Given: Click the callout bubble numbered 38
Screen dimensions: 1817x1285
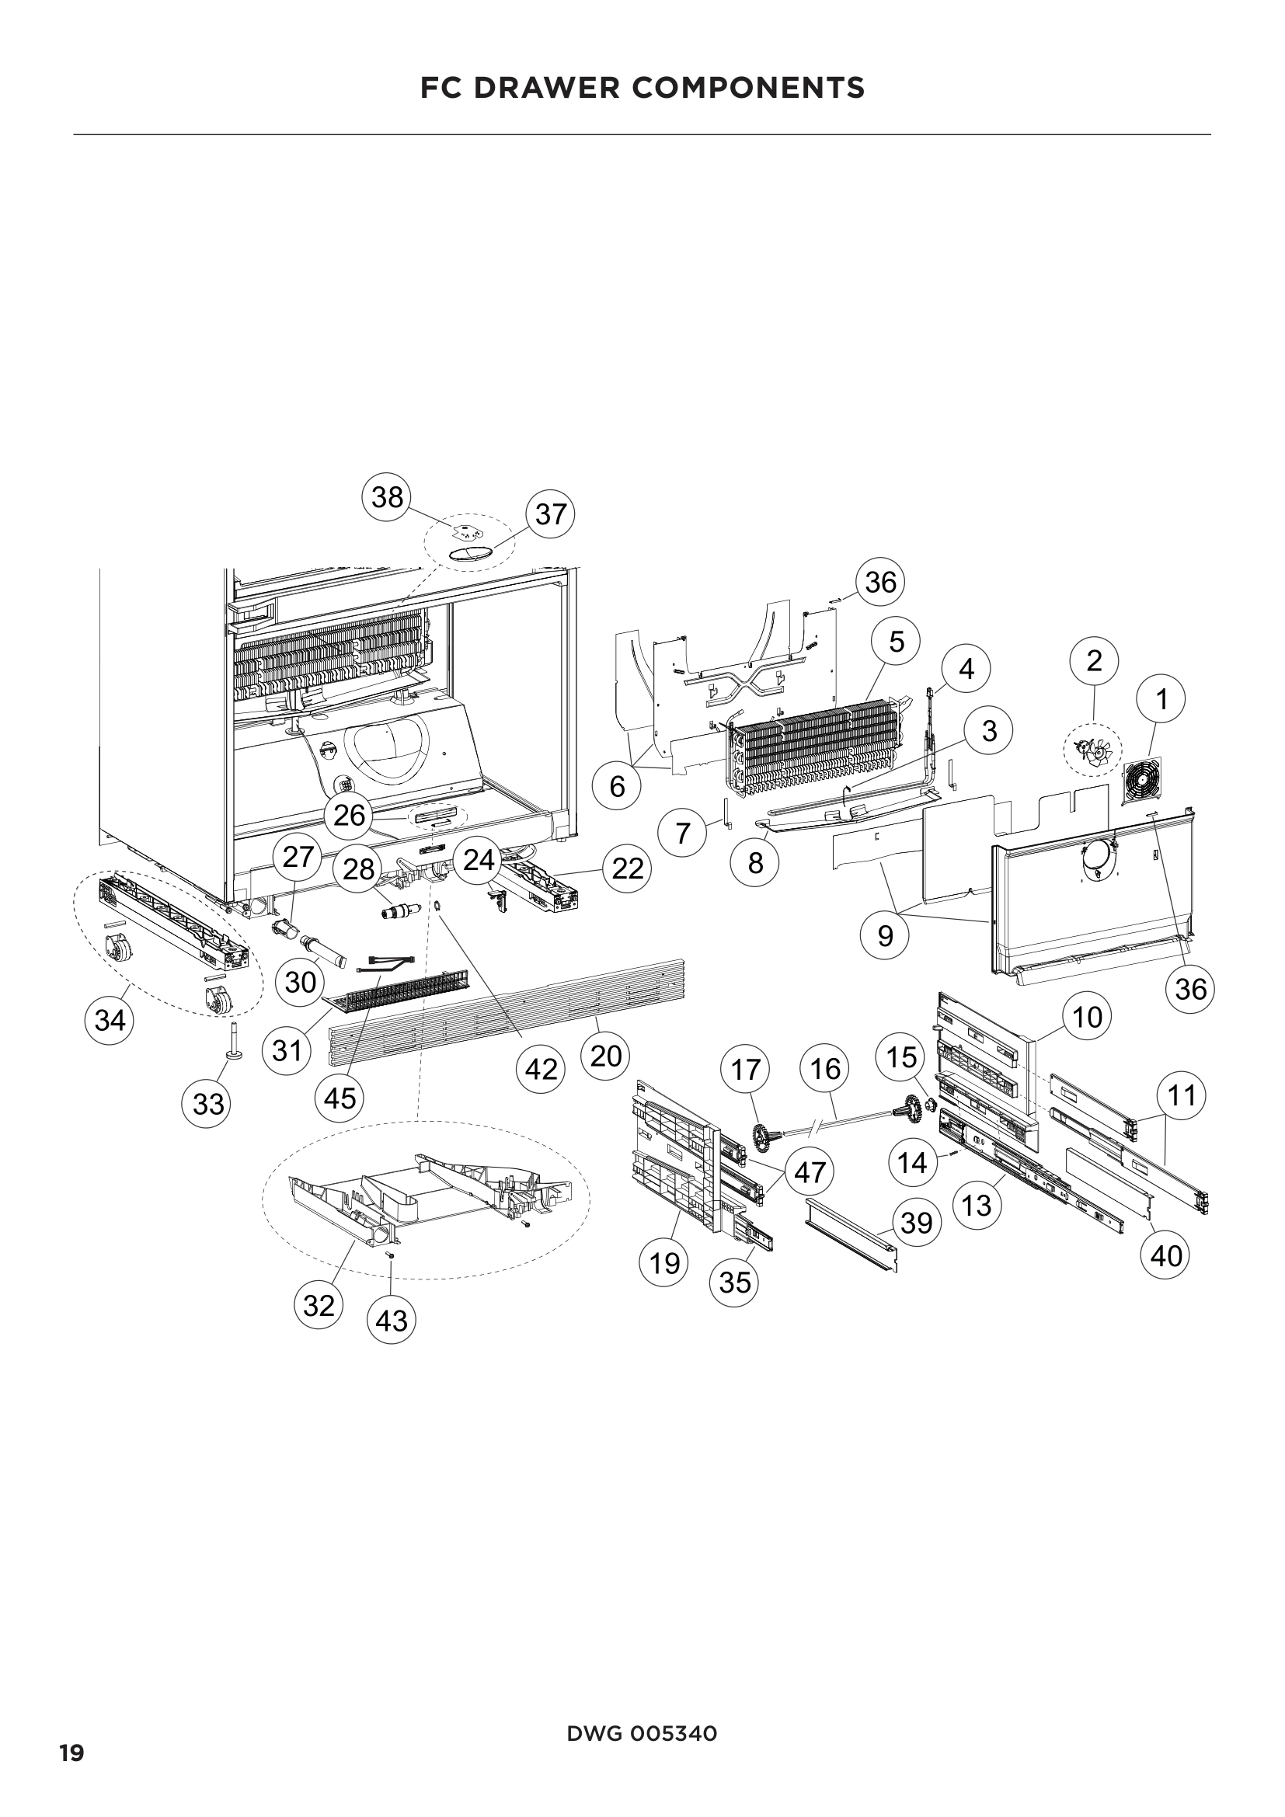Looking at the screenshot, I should (x=387, y=497).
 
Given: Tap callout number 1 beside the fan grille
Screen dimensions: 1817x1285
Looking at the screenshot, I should (x=1161, y=700).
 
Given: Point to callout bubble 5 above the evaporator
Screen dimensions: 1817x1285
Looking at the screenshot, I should (x=896, y=642).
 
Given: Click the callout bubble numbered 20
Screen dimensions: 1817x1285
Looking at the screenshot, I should (x=605, y=1056).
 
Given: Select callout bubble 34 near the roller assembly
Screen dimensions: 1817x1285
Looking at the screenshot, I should (x=110, y=1020).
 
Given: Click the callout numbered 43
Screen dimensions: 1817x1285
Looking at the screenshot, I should (x=392, y=1321).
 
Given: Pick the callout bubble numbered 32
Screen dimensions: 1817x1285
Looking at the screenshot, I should (x=319, y=1305).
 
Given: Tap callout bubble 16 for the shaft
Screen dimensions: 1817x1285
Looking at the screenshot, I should (x=825, y=1069).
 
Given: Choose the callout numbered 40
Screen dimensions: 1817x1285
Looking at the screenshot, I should (x=1166, y=1255).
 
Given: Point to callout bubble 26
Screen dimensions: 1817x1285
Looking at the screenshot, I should (x=350, y=815).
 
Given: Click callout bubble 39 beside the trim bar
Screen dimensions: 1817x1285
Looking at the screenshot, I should (x=916, y=1223).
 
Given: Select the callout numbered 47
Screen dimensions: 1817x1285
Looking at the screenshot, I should (x=810, y=1172).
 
